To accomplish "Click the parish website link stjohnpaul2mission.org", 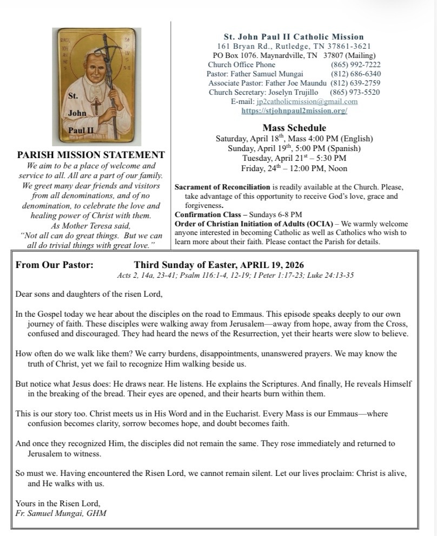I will (294, 110).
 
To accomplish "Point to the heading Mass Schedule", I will (294, 128).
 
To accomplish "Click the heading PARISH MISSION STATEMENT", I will (91, 155).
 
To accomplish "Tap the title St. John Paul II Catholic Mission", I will (294, 37).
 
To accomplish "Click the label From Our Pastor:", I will (55, 265).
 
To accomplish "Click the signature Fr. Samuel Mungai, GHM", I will (61, 513).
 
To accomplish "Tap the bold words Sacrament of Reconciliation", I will (222, 187).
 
